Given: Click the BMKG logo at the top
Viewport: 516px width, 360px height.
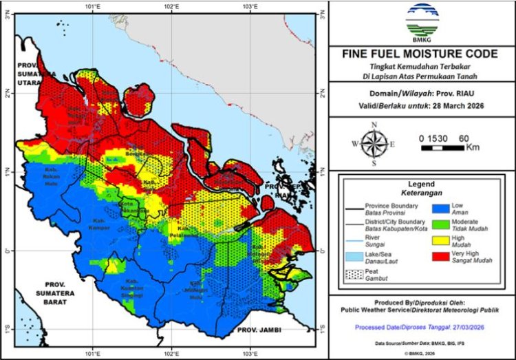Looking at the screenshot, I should [x=421, y=21].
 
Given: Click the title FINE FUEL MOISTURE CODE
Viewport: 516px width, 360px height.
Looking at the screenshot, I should [x=421, y=54].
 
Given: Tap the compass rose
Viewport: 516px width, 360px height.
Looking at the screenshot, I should [x=374, y=144].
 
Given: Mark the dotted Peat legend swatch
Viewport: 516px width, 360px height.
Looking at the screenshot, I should [x=354, y=277].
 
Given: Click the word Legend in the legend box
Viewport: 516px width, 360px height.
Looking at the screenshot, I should [x=421, y=184].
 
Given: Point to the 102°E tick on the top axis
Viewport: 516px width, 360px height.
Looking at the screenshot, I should [x=171, y=7].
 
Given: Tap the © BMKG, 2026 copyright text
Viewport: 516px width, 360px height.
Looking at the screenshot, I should [x=421, y=352].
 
